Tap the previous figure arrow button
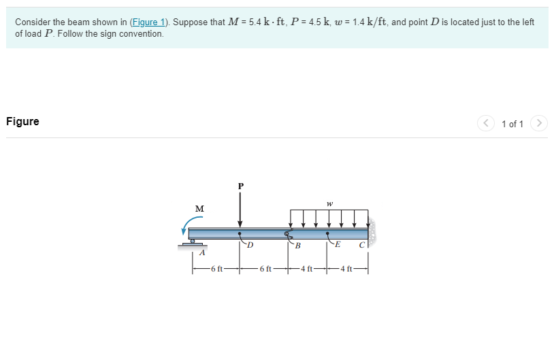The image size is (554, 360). [x=485, y=123]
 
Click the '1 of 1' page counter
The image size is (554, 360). [x=512, y=124]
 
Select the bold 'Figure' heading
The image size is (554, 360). [x=22, y=122]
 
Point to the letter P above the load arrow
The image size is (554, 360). [x=240, y=185]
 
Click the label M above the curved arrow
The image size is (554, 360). [x=199, y=208]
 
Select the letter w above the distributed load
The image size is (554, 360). [x=329, y=202]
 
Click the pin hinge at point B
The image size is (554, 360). [x=288, y=233]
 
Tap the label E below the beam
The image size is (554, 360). [x=338, y=245]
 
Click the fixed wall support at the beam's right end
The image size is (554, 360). [x=372, y=233]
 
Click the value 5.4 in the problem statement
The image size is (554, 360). [x=255, y=22]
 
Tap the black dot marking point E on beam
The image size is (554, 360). [x=328, y=233]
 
